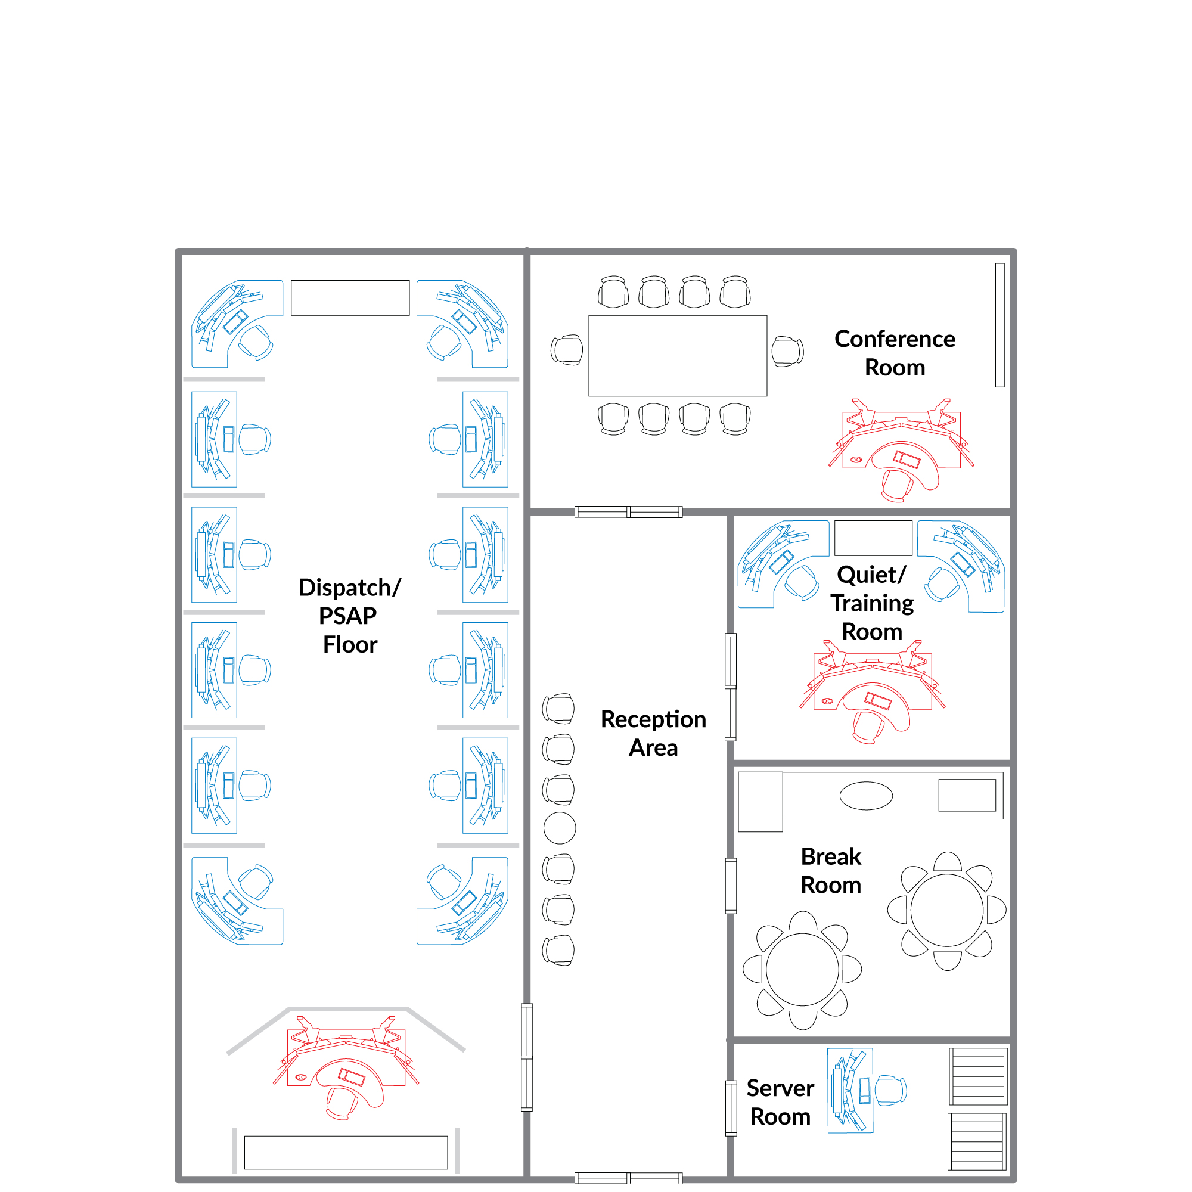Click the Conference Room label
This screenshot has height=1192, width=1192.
tap(895, 353)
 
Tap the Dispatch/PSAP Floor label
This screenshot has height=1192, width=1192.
tap(350, 616)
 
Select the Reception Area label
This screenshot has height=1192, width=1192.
tap(653, 733)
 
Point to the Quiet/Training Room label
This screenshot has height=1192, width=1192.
tap(872, 603)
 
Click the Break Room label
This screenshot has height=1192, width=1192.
tap(830, 871)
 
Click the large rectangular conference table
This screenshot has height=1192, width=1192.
tap(678, 355)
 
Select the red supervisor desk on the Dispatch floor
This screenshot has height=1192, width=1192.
tap(346, 1067)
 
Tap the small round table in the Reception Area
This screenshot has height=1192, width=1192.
tap(560, 828)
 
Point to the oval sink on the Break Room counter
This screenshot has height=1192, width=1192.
tap(866, 796)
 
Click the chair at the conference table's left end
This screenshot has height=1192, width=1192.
tap(567, 350)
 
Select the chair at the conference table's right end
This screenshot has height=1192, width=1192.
tap(788, 352)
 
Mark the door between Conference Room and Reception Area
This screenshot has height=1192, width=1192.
tap(628, 511)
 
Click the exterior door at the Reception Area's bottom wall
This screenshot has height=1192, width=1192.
tap(628, 1178)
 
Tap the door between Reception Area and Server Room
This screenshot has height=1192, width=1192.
tap(731, 1108)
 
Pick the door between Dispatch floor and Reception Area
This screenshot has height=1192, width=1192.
tap(527, 1057)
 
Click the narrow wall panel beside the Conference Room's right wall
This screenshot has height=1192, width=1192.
tap(999, 325)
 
